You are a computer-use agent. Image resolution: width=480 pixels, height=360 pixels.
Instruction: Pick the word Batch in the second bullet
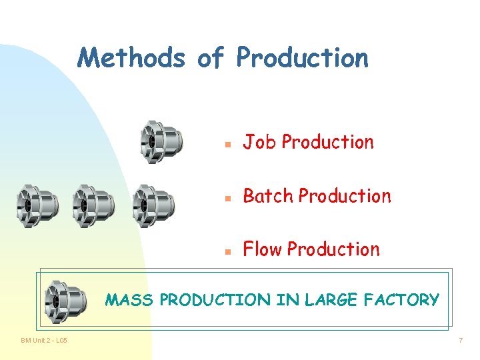click(268, 196)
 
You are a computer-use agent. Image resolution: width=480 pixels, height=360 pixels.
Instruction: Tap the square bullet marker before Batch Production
click(227, 198)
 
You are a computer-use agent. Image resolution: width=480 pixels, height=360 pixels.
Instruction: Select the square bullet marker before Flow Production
click(227, 251)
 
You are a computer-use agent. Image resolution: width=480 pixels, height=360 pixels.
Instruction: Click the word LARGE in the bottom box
click(333, 300)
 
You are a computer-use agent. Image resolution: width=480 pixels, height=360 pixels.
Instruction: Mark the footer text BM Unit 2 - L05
click(43, 341)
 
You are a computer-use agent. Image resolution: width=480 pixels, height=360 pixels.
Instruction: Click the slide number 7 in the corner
click(460, 341)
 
